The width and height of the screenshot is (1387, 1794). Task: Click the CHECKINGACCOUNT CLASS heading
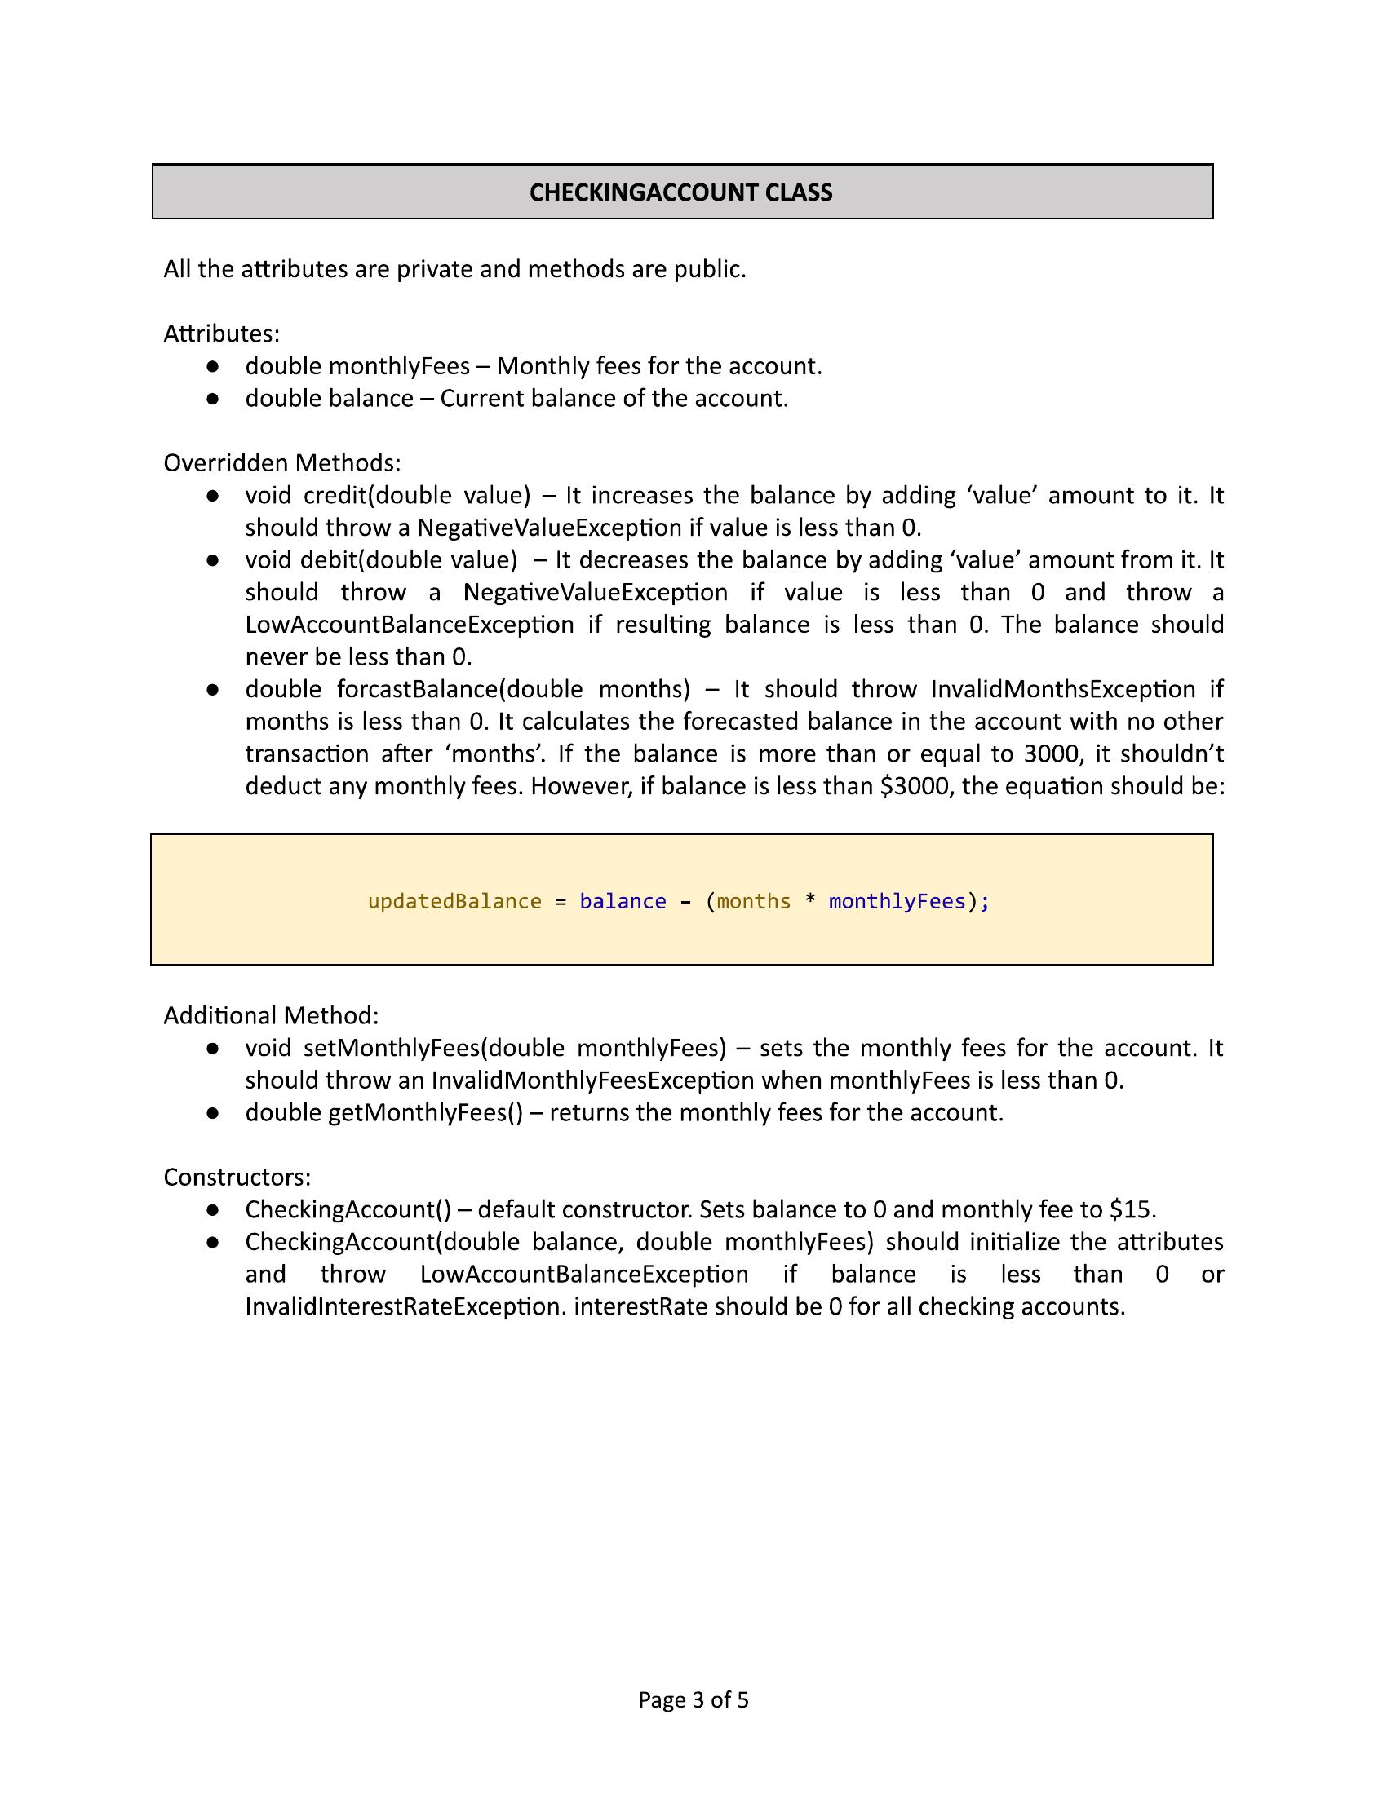pyautogui.click(x=680, y=192)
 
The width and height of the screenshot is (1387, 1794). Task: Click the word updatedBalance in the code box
pyautogui.click(x=454, y=901)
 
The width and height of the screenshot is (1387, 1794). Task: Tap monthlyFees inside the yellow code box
pyautogui.click(x=897, y=901)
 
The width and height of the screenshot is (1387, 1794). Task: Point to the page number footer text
pyautogui.click(x=693, y=1699)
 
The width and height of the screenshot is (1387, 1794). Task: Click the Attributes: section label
pyautogui.click(x=222, y=334)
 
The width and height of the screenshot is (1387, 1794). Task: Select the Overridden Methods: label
pyautogui.click(x=281, y=463)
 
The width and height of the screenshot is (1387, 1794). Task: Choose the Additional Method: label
pyautogui.click(x=271, y=1015)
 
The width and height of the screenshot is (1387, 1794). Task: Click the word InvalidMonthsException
pyautogui.click(x=1062, y=688)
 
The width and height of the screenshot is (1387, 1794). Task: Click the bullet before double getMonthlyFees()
pyautogui.click(x=212, y=1113)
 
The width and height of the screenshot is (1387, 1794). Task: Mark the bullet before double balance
pyautogui.click(x=212, y=400)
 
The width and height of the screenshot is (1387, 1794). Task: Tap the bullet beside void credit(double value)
pyautogui.click(x=212, y=496)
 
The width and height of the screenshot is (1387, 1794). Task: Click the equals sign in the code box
pyautogui.click(x=561, y=902)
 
